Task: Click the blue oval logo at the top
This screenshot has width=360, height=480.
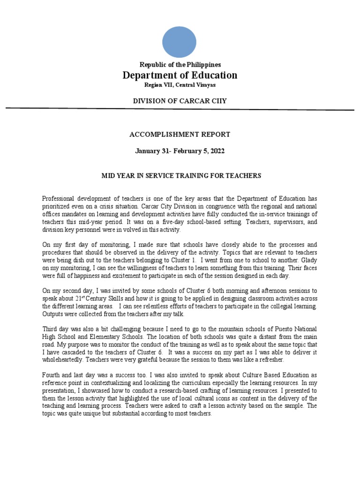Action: coord(180,42)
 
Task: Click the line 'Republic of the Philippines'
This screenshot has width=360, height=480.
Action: coord(180,65)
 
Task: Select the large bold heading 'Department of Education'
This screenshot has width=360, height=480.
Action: coord(180,75)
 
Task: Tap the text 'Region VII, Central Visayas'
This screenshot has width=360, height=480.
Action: coord(180,85)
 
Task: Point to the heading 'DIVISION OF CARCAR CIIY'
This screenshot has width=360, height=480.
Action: coord(180,101)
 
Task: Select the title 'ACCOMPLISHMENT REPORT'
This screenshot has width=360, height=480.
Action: coord(180,135)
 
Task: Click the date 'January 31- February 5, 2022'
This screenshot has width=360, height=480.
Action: coord(180,151)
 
